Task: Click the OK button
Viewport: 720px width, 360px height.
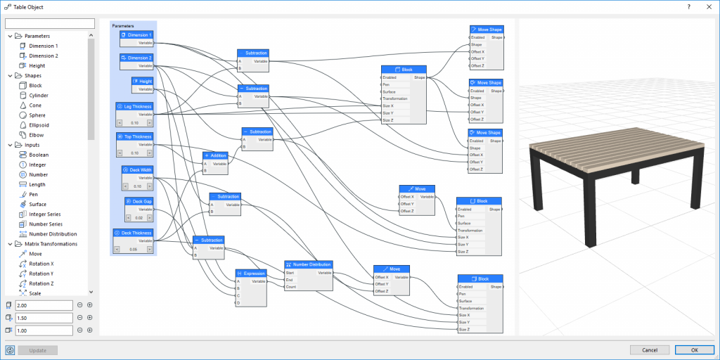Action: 694,349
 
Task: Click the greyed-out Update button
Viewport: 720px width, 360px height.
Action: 38,349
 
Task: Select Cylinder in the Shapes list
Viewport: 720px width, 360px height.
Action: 39,95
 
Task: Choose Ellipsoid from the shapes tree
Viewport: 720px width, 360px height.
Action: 39,124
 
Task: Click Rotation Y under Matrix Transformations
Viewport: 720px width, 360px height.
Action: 41,274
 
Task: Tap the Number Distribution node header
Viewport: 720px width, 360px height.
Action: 309,264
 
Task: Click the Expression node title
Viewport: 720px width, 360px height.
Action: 251,273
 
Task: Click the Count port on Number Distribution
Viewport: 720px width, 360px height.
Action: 289,287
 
